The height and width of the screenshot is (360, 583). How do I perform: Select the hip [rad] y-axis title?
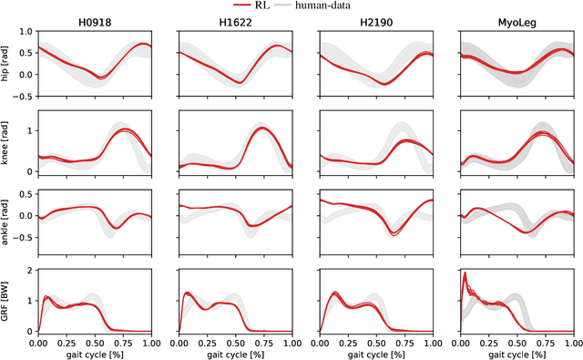(x=5, y=62)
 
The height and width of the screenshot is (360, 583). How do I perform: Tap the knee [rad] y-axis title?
(x=5, y=143)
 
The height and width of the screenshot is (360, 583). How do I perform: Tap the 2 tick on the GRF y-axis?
(x=30, y=272)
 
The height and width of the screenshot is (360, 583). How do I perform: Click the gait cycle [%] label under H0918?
(x=94, y=353)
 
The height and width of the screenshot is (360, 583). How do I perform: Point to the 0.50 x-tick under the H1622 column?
(x=235, y=342)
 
